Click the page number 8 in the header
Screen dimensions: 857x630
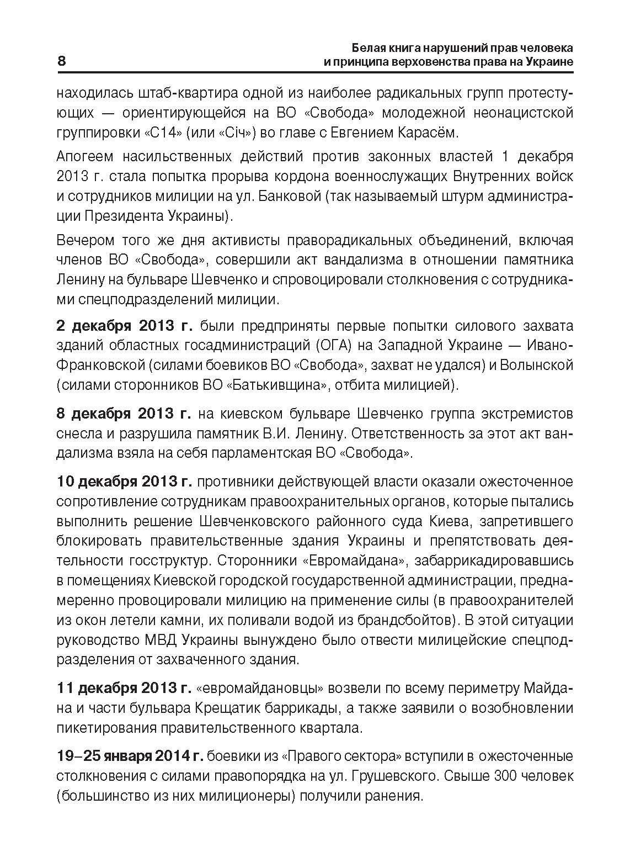coord(62,61)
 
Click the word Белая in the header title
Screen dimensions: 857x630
coord(369,47)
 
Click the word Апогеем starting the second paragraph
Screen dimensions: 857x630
coord(85,157)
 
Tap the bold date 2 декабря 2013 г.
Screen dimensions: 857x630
coord(124,325)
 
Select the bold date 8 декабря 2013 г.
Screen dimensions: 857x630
coord(124,413)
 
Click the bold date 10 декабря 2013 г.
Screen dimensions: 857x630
coord(124,482)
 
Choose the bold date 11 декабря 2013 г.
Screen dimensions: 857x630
coord(124,688)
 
